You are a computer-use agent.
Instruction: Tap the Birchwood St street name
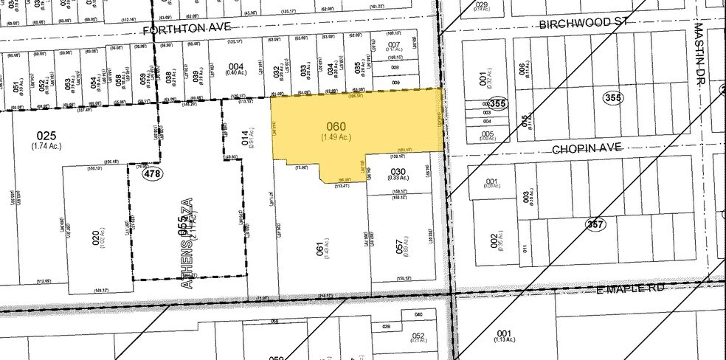(587, 23)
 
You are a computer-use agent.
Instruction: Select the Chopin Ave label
(593, 148)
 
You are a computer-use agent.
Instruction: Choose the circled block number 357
(595, 223)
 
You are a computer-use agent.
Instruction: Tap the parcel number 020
(95, 238)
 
